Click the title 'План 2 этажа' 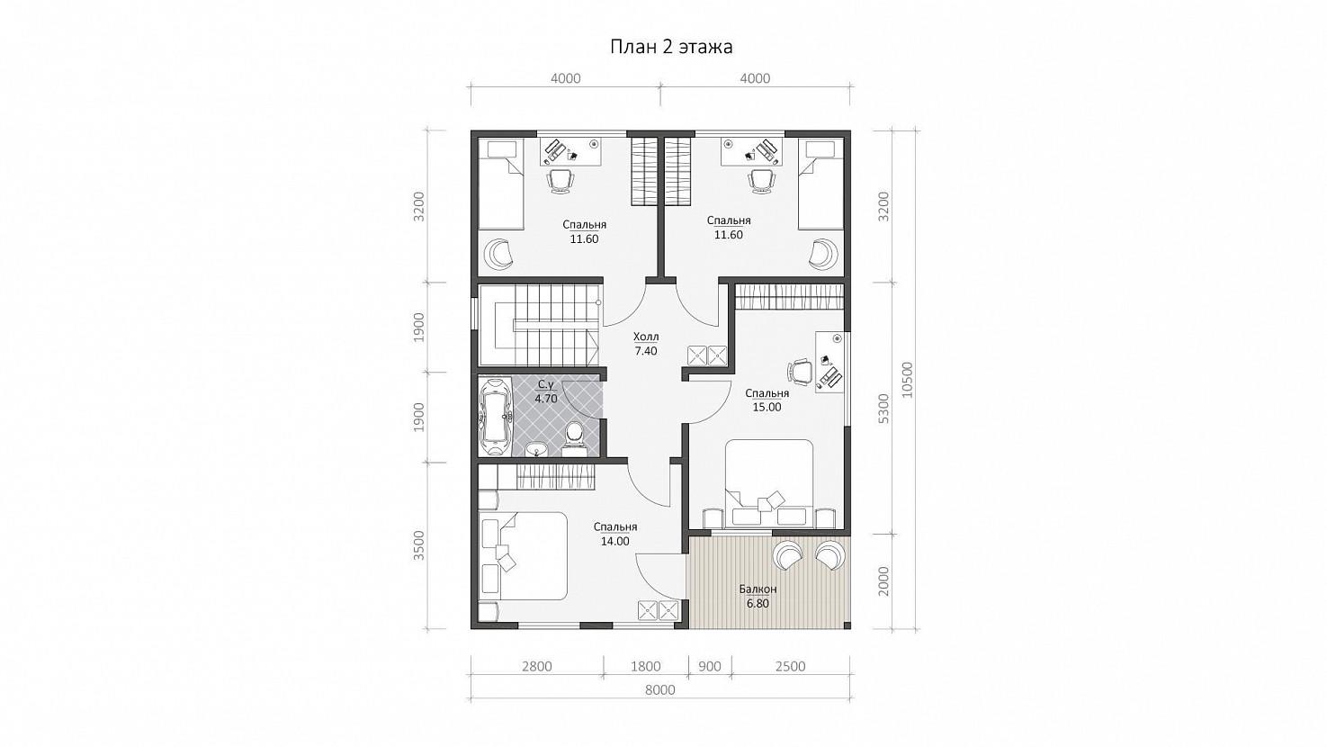[x=671, y=47]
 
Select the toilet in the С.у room [x=573, y=437]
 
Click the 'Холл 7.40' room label [x=646, y=344]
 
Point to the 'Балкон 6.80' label [x=758, y=597]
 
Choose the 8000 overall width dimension [x=660, y=690]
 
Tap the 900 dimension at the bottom [x=710, y=666]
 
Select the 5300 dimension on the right [x=883, y=408]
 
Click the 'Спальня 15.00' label [x=767, y=400]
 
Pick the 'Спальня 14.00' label [x=615, y=535]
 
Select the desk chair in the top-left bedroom [x=560, y=181]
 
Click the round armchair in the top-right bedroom [x=823, y=253]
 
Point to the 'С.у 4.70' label [x=546, y=391]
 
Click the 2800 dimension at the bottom [x=537, y=666]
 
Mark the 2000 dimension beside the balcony [x=883, y=581]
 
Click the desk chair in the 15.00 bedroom [x=801, y=372]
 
